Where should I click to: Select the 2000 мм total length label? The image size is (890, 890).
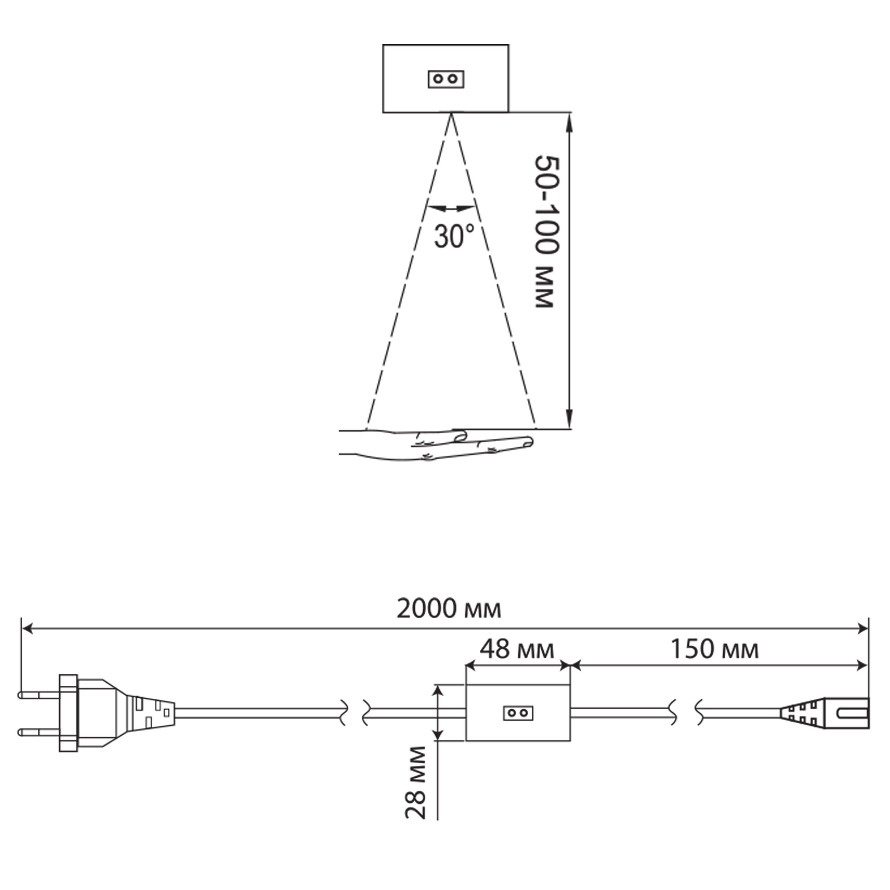449,609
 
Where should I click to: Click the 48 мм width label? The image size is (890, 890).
517,650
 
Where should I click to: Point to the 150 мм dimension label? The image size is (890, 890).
715,650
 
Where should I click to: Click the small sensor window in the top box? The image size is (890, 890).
446,79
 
